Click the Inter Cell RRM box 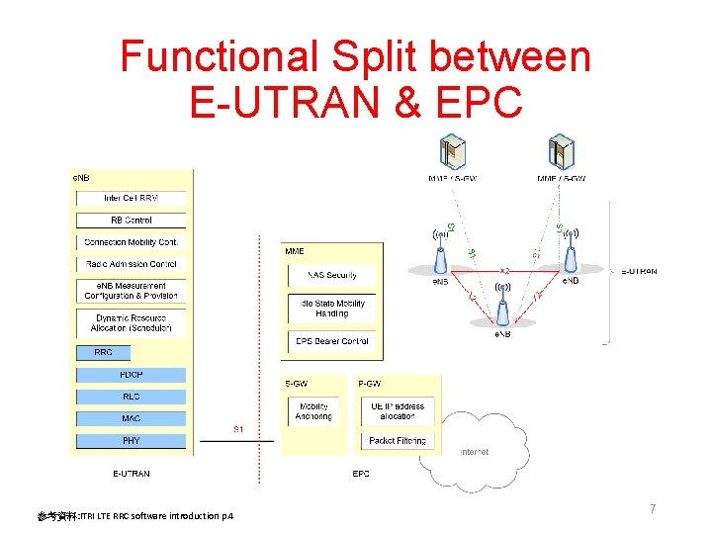[x=132, y=198]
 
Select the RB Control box [x=132, y=221]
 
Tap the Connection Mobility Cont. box [x=132, y=242]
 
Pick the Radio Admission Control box [x=132, y=264]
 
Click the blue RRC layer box [x=103, y=352]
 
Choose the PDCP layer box [x=132, y=375]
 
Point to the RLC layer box [x=132, y=397]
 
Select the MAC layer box [x=132, y=418]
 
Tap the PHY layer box [x=132, y=441]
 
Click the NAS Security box [x=332, y=275]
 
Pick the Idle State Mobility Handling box [x=332, y=309]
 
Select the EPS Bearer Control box [x=332, y=341]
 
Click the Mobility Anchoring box [x=313, y=411]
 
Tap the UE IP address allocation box [x=398, y=411]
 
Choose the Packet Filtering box [x=398, y=441]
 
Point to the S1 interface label [x=239, y=429]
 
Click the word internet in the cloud [x=475, y=452]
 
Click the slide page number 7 [x=653, y=508]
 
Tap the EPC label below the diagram [x=361, y=474]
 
